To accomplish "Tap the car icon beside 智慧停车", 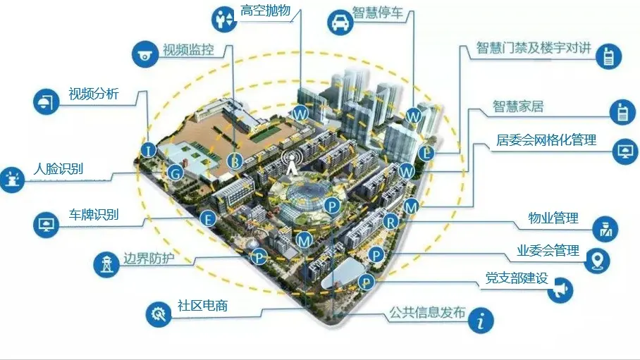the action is click(340, 23).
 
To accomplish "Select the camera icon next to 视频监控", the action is click(144, 54).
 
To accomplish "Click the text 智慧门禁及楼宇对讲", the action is click(534, 48).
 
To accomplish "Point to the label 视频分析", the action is click(94, 94).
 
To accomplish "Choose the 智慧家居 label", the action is click(518, 106).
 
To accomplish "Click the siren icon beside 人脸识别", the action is click(12, 180).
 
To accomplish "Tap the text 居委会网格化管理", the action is click(546, 140).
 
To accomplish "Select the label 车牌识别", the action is click(94, 214).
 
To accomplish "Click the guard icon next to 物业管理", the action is click(605, 229).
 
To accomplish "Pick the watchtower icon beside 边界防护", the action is click(106, 264).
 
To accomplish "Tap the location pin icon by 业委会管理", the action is click(597, 261).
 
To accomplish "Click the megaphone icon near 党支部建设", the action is click(560, 290).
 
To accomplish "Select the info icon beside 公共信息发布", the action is click(481, 320).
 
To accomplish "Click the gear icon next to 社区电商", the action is click(159, 314).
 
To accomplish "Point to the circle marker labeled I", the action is click(149, 150).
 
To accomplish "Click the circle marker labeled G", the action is click(176, 173).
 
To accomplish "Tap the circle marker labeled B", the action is click(235, 161).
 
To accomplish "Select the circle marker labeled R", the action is click(390, 222).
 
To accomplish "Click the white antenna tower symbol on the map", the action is click(291, 162).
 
